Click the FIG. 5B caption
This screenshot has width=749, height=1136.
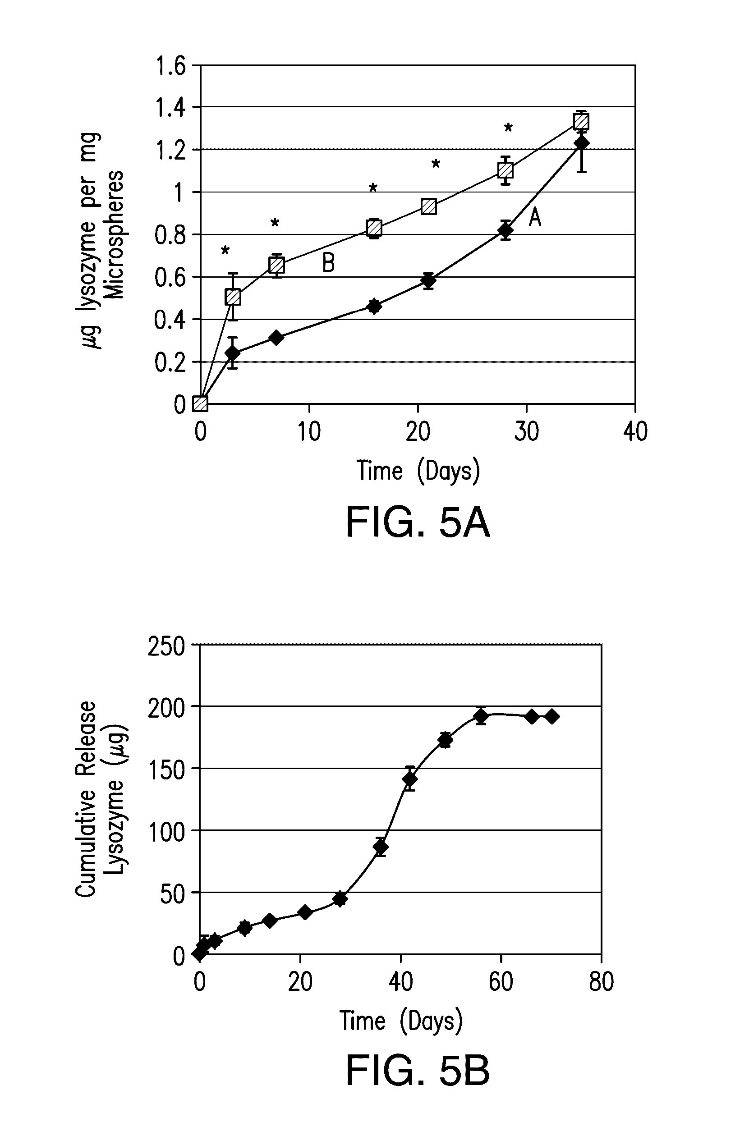[x=418, y=1071]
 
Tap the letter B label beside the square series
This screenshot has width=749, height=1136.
[x=329, y=263]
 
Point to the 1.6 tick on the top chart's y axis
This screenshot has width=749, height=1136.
[x=170, y=66]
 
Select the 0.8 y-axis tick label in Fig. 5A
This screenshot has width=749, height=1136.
[x=170, y=235]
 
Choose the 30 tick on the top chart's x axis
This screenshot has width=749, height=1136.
[x=526, y=432]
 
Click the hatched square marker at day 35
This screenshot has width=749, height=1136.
[x=581, y=121]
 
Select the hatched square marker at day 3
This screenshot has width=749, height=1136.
[x=233, y=297]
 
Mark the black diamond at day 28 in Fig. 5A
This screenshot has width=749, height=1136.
[x=505, y=230]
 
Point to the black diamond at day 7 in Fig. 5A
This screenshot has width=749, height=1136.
[x=276, y=338]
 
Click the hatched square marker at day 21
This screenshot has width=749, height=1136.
[x=429, y=207]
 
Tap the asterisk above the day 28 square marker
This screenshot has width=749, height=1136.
[x=508, y=128]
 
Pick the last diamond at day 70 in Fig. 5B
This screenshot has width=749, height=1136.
[x=552, y=716]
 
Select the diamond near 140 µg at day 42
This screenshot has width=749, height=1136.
[x=410, y=779]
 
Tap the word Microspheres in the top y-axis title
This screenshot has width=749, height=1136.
[x=115, y=234]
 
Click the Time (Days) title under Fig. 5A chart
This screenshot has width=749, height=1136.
[x=418, y=471]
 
